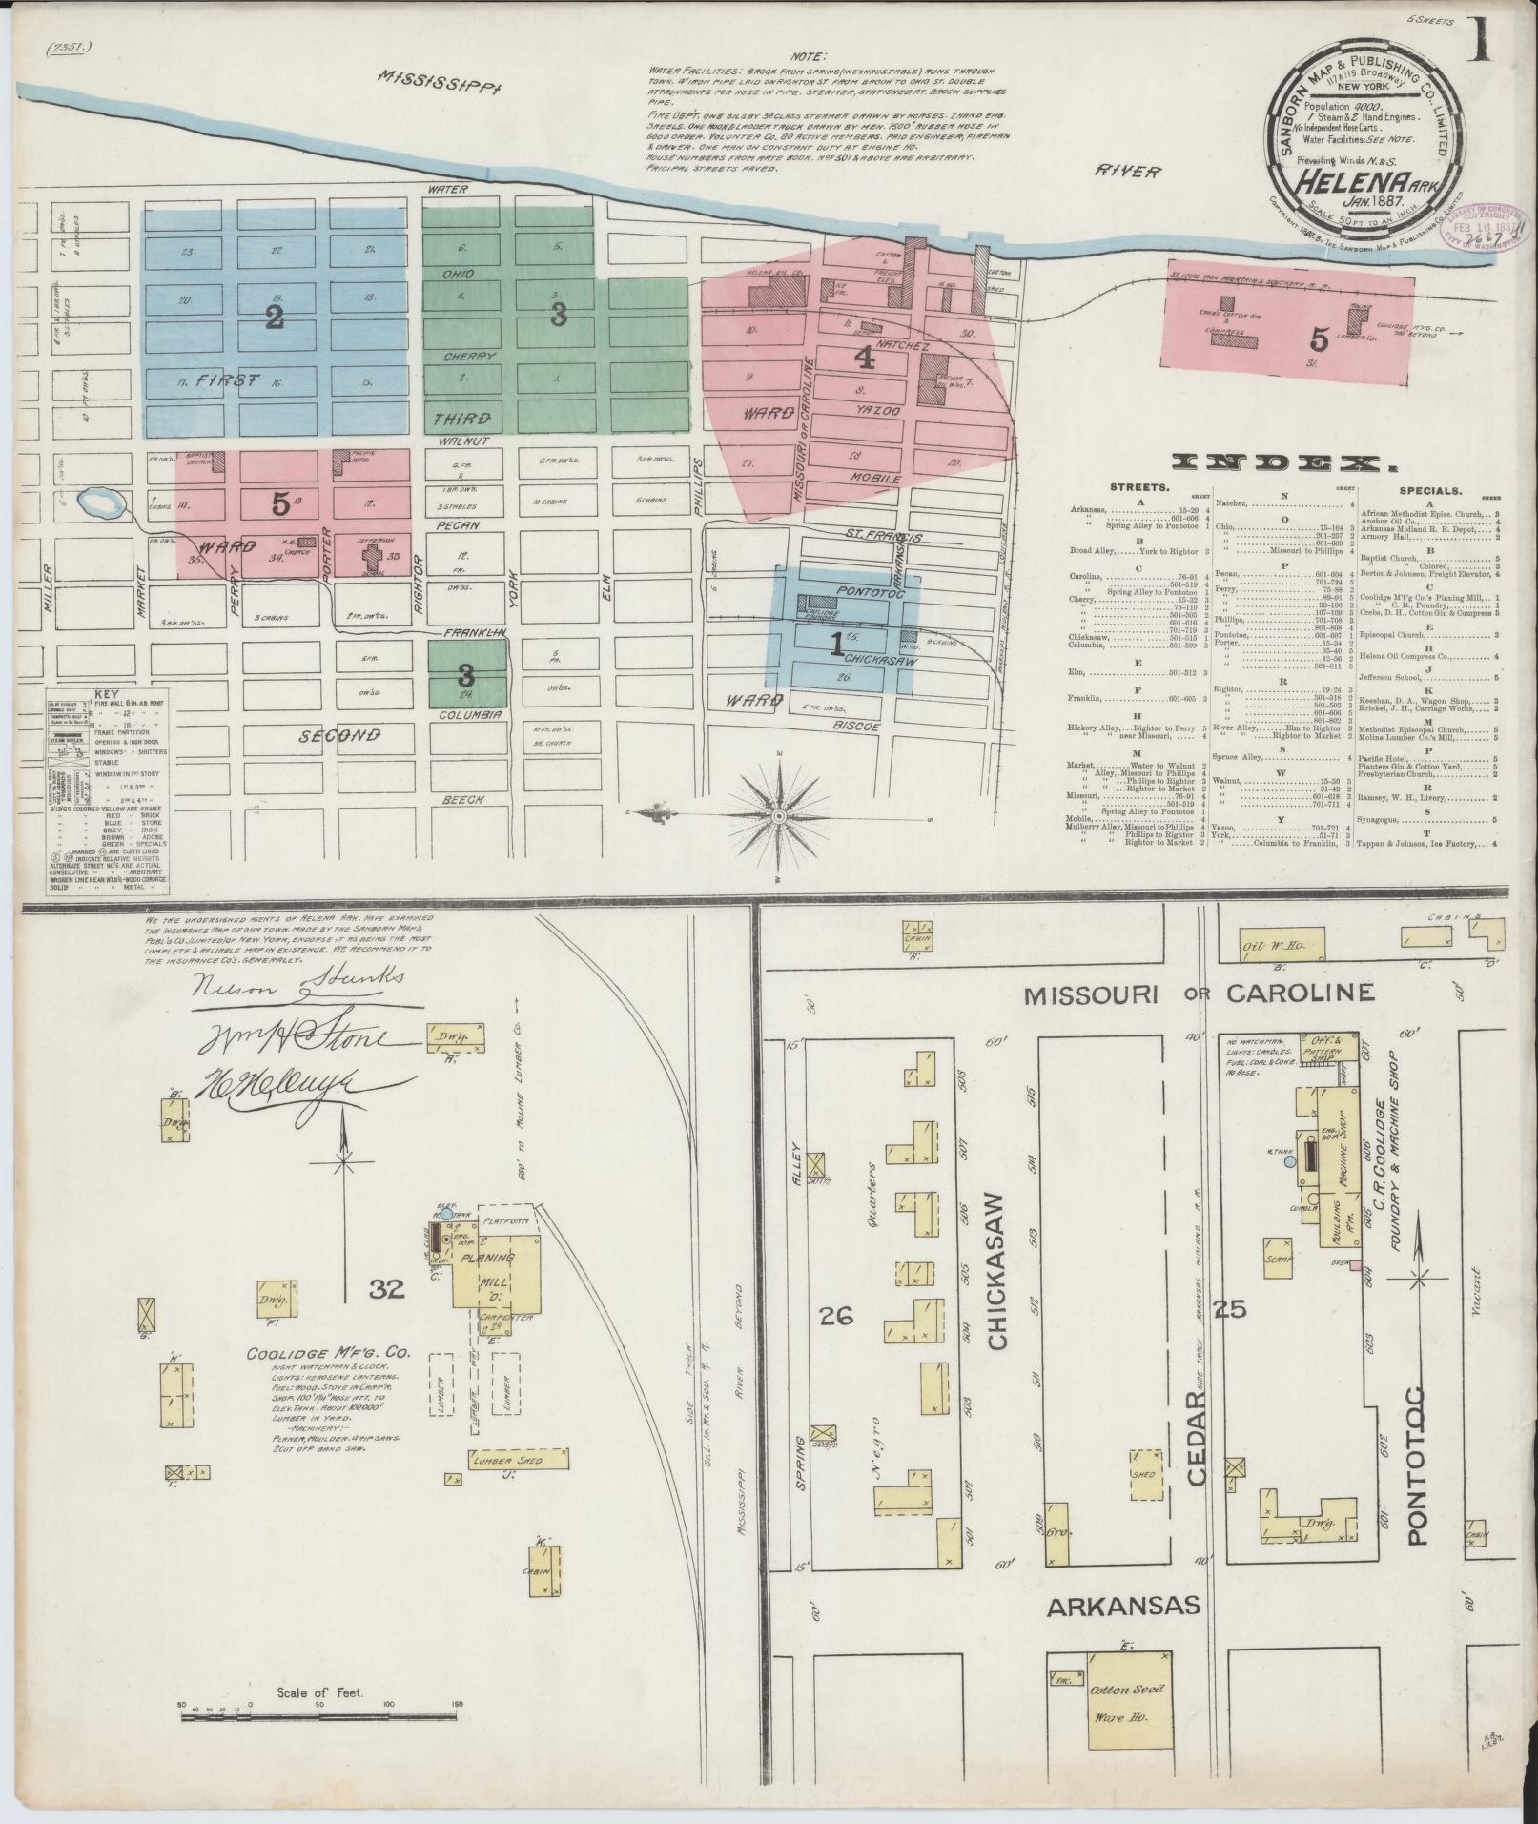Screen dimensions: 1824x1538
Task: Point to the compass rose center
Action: [779, 816]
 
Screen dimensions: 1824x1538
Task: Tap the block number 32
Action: [388, 1289]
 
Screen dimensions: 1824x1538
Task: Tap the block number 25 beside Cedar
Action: [1231, 1309]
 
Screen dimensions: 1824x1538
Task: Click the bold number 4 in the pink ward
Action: [865, 357]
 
